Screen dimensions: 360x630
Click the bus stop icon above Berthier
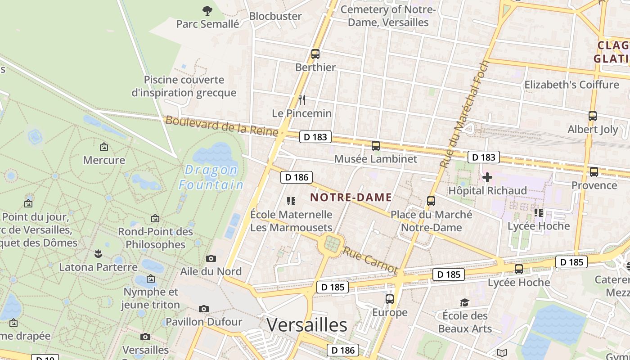coord(315,54)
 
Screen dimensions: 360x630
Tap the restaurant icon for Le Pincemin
coord(302,99)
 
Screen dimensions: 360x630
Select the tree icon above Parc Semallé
coord(207,10)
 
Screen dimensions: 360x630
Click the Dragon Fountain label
coord(211,177)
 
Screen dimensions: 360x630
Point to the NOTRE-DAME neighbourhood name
coord(351,197)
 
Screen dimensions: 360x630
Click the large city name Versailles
coord(307,324)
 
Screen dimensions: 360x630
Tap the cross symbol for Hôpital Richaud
coord(487,177)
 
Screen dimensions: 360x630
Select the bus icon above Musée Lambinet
coord(376,146)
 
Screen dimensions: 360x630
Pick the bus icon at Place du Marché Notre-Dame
coord(431,201)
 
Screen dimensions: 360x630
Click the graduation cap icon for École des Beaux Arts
coord(464,302)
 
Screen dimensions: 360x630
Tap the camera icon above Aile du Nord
coord(211,258)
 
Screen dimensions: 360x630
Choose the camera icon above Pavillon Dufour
coord(204,309)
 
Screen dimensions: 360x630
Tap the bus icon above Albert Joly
coord(593,116)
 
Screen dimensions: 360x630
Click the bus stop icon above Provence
coord(594,171)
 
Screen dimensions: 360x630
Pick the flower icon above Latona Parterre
coord(98,254)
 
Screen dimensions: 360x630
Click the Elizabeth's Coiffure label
coord(571,85)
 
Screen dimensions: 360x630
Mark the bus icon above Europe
coord(390,299)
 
